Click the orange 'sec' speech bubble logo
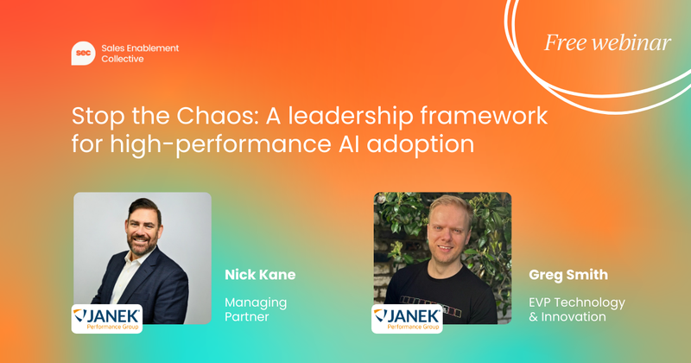(x=83, y=53)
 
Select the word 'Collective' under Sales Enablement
(x=123, y=60)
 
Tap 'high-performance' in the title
(x=216, y=143)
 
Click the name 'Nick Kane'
(x=260, y=275)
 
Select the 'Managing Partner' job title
(x=255, y=309)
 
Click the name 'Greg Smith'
(x=567, y=275)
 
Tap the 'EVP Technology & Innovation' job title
(x=576, y=309)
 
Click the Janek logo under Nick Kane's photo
(x=106, y=317)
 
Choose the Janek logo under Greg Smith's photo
(x=406, y=317)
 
